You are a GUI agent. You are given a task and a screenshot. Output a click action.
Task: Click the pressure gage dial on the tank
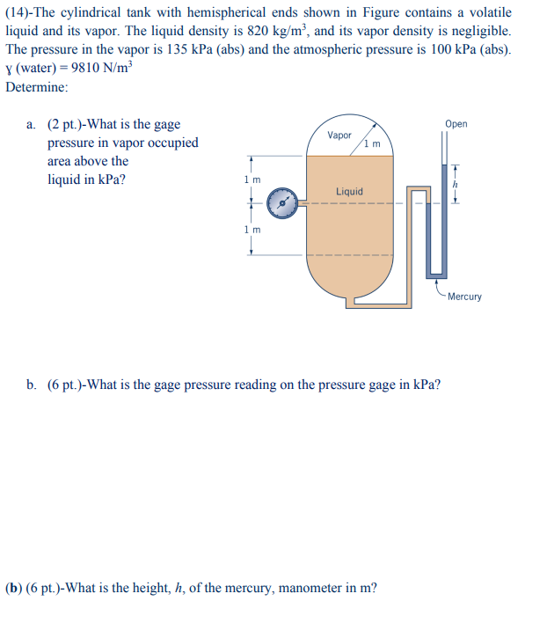click(x=281, y=203)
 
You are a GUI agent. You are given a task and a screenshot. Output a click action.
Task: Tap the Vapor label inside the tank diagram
click(x=339, y=136)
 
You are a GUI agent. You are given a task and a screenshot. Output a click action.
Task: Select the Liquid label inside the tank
click(x=349, y=191)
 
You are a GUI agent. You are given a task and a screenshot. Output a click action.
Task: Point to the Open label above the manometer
click(x=456, y=124)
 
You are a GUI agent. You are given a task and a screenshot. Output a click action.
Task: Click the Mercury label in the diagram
click(x=464, y=297)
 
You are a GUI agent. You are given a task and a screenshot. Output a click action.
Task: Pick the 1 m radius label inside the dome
click(x=374, y=143)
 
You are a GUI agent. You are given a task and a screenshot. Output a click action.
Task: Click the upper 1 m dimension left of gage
click(x=252, y=180)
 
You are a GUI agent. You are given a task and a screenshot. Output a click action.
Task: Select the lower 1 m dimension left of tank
click(x=252, y=230)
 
